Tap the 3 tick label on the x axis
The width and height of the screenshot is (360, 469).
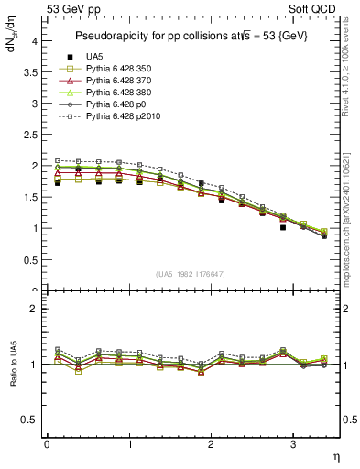click(293, 444)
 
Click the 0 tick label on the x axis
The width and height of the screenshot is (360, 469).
click(47, 444)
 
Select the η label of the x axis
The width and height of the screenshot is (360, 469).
click(334, 455)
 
